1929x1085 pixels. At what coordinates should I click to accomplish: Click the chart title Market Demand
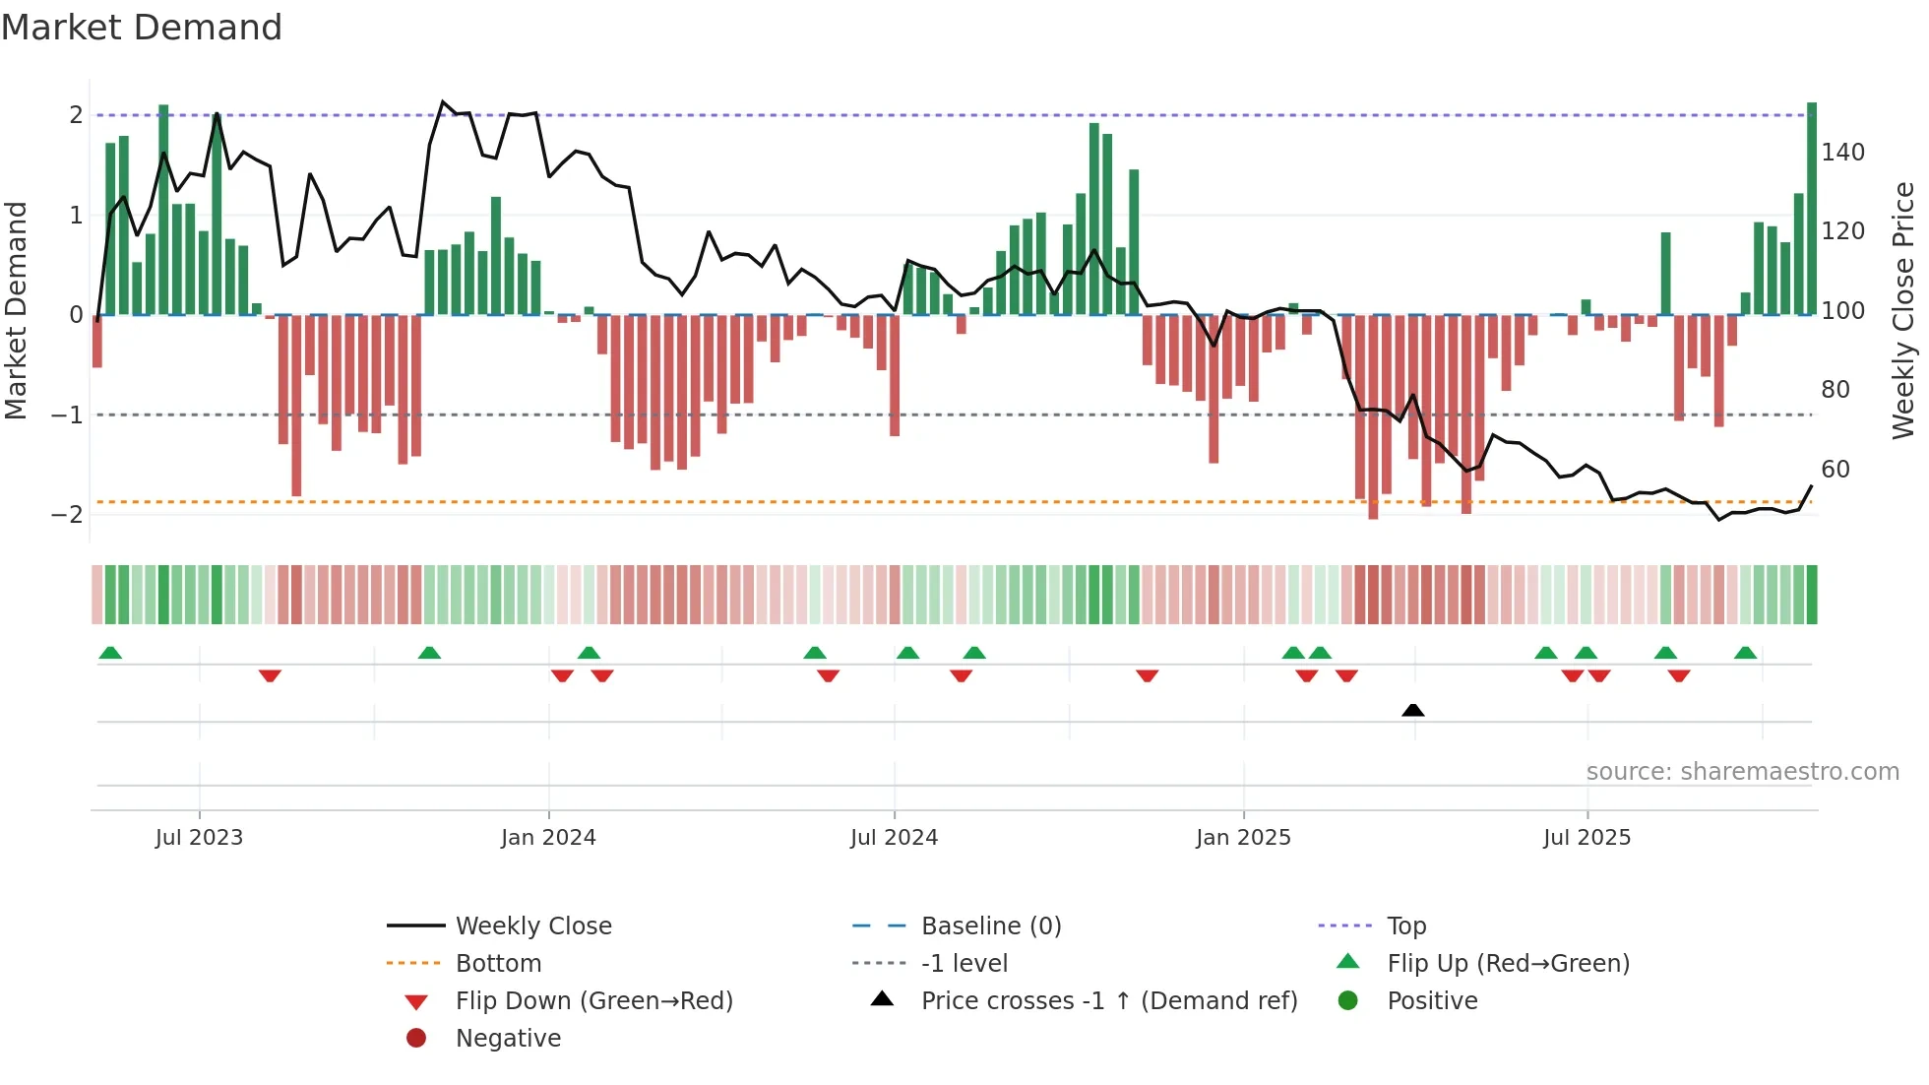(x=142, y=28)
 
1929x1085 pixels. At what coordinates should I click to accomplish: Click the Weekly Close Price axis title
(x=1903, y=310)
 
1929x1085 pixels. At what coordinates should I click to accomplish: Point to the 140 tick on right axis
(x=1842, y=153)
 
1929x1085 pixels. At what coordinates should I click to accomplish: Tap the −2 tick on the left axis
(x=67, y=515)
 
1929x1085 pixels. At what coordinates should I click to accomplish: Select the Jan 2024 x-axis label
(x=548, y=838)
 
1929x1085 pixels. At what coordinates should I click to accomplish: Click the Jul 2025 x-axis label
(x=1587, y=838)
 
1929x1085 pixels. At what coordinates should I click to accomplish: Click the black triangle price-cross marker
(x=1412, y=710)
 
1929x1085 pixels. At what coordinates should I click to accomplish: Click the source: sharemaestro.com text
(x=1742, y=772)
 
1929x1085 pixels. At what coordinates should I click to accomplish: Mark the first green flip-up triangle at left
(x=110, y=653)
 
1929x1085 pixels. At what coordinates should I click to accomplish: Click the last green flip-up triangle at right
(x=1745, y=653)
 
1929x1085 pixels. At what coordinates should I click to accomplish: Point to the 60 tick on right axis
(x=1836, y=470)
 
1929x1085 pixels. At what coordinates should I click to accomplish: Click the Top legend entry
(x=1405, y=926)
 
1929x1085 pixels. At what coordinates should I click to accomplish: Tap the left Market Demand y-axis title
(x=17, y=310)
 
